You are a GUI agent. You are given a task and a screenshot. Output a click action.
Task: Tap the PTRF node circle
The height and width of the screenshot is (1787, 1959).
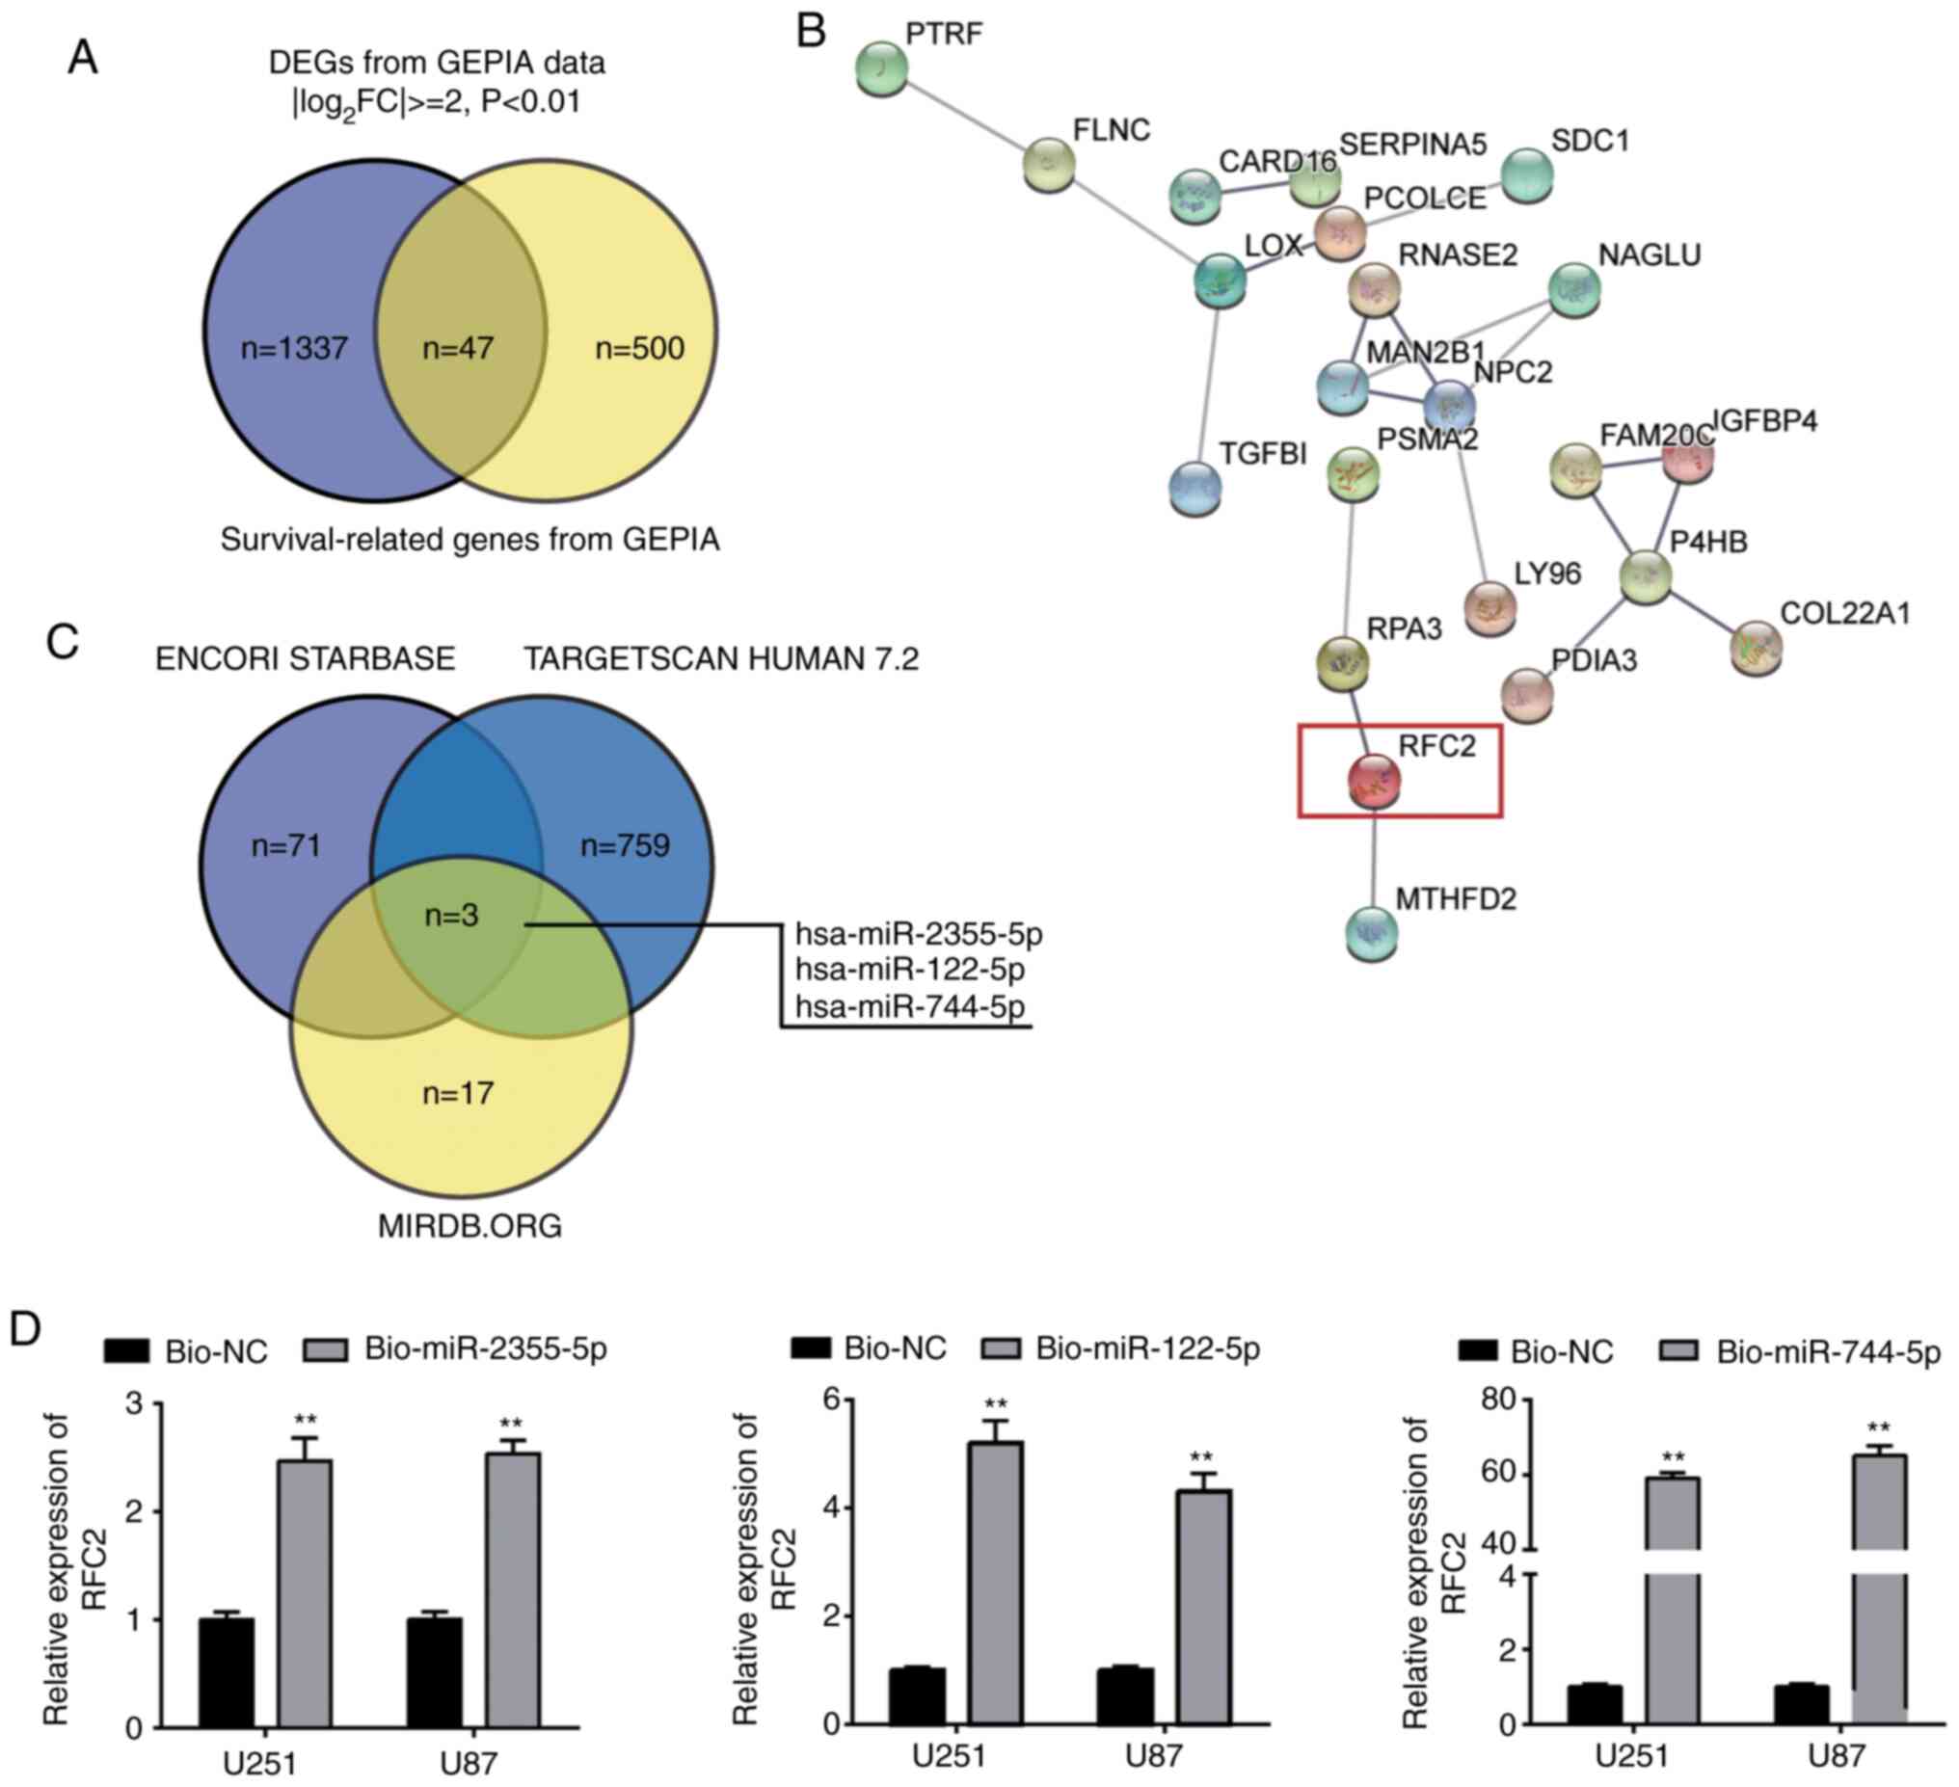pyautogui.click(x=881, y=68)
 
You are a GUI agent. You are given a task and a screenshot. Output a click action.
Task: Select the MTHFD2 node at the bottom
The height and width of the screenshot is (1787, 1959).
pyautogui.click(x=1372, y=932)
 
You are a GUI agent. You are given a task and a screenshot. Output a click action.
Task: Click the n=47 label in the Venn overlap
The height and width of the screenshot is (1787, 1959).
pyautogui.click(x=458, y=348)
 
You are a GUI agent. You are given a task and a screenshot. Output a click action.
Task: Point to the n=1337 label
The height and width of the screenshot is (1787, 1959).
pyautogui.click(x=293, y=348)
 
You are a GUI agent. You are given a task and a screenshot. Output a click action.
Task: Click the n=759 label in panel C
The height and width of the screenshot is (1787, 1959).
pyautogui.click(x=625, y=845)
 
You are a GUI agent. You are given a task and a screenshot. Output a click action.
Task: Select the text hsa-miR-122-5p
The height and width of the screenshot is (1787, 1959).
pyautogui.click(x=908, y=969)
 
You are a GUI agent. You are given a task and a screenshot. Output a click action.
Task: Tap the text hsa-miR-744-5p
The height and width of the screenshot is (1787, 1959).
pyautogui.click(x=908, y=1006)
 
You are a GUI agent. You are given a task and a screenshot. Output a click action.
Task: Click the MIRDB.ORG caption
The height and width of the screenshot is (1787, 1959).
pyautogui.click(x=470, y=1226)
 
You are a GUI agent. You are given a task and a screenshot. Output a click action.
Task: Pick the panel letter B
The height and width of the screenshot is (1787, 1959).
pyautogui.click(x=811, y=31)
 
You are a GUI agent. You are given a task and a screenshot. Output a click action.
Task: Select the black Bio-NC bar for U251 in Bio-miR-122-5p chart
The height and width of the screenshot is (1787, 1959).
pyautogui.click(x=916, y=1695)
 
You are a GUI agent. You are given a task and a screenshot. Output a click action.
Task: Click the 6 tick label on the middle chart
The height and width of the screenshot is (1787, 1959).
pyautogui.click(x=831, y=1400)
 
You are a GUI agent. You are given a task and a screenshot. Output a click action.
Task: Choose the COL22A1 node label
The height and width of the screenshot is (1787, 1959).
pyautogui.click(x=1844, y=613)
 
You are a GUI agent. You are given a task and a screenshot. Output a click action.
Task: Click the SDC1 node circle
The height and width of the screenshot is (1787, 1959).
pyautogui.click(x=1526, y=174)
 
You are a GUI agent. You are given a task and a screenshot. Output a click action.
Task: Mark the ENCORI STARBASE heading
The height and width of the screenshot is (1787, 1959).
pyautogui.click(x=305, y=659)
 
